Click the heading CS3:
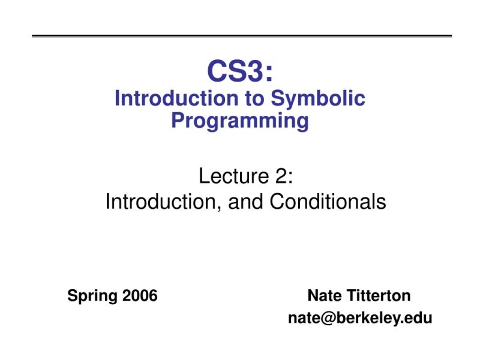click(240, 72)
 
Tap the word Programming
click(240, 121)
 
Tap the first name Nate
click(325, 296)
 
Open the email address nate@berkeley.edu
click(360, 318)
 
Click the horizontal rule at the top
click(240, 36)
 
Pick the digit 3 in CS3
click(254, 72)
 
